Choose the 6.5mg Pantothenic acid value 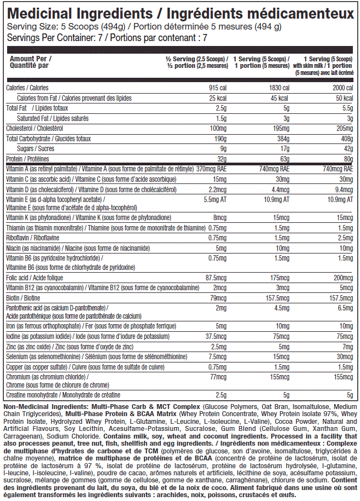click(346, 308)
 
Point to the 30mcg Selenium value click(345, 356)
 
